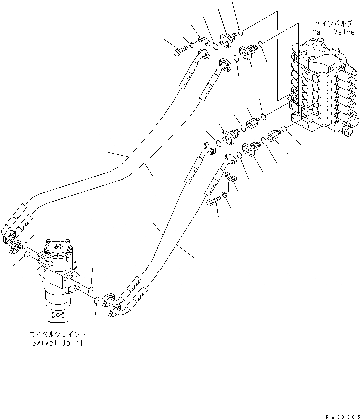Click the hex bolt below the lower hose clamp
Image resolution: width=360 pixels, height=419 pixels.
pyautogui.click(x=213, y=203)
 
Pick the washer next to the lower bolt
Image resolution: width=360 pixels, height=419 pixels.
pyautogui.click(x=224, y=194)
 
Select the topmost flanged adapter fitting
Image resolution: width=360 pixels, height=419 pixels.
pyautogui.click(x=229, y=38)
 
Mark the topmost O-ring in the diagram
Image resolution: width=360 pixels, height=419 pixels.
pyautogui.click(x=241, y=33)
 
